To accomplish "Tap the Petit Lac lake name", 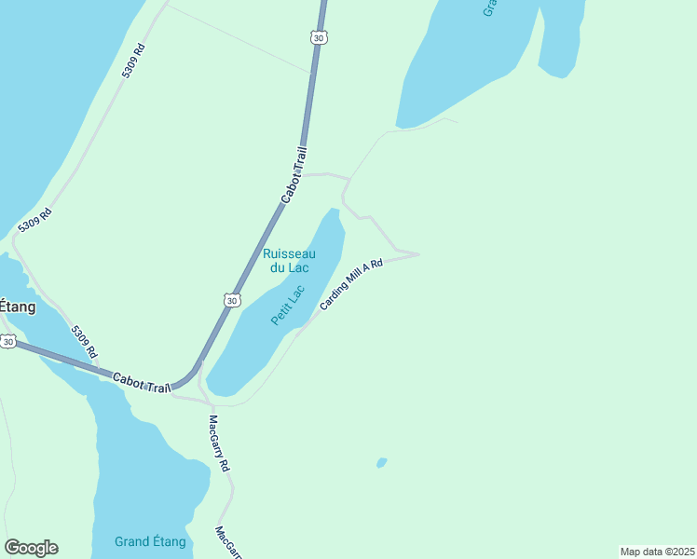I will (288, 305).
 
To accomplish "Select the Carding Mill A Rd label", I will (351, 285).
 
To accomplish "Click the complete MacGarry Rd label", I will (219, 443).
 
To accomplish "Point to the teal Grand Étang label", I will (150, 541).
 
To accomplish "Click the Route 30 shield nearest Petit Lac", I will (232, 300).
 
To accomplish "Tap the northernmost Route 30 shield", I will (319, 37).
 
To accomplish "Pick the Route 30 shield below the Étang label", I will (7, 342).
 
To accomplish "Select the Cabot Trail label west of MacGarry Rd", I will (142, 381).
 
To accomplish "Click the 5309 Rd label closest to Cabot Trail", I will (84, 341).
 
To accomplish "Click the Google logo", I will (31, 548).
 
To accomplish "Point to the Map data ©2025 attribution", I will (657, 552).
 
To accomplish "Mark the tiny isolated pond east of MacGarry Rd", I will (381, 462).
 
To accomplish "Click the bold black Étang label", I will (17, 307).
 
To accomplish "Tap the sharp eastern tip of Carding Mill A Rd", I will (418, 253).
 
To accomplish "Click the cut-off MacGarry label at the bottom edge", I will (227, 543).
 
